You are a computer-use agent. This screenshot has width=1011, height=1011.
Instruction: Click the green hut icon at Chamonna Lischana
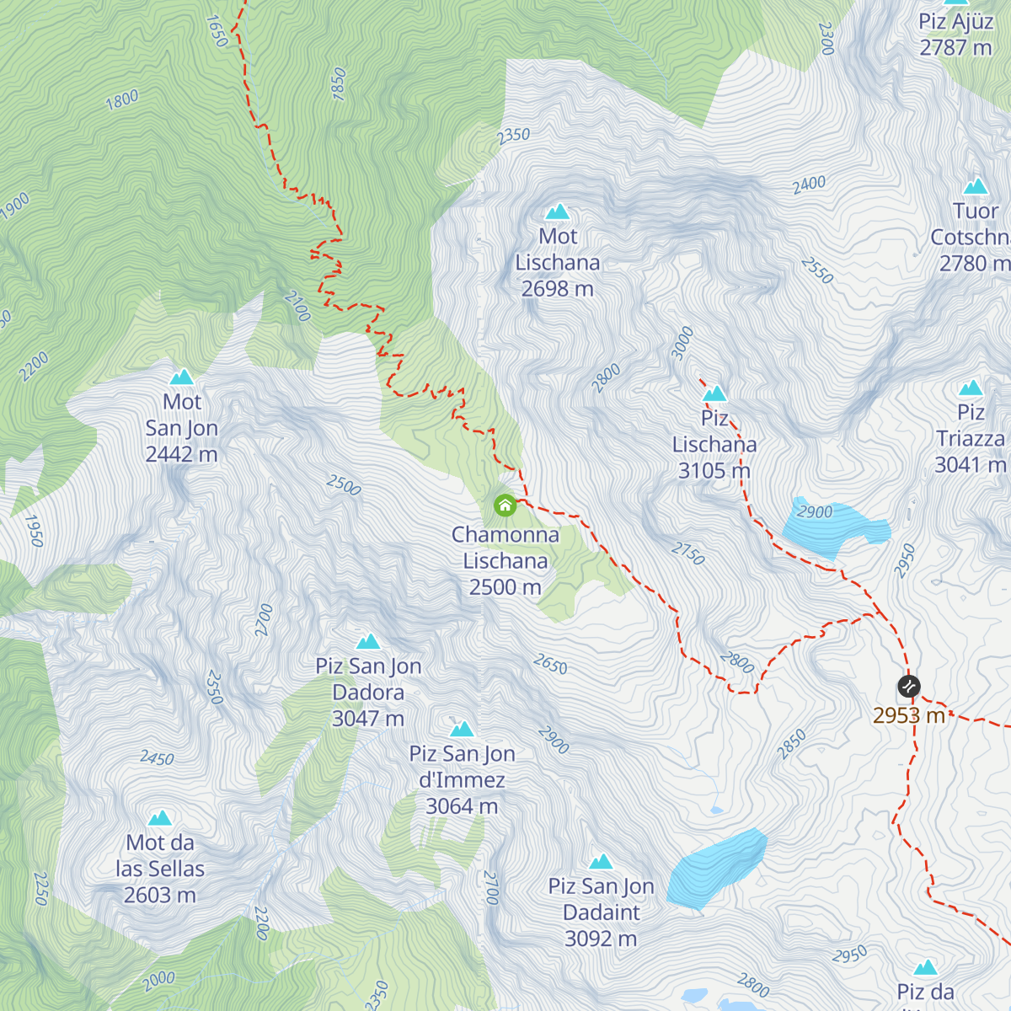coord(505,505)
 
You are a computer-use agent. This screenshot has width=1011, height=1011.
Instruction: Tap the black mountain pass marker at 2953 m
coord(908,686)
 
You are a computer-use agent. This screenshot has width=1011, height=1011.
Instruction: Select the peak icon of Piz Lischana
coord(714,393)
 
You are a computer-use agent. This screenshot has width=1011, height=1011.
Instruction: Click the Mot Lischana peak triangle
coord(557,211)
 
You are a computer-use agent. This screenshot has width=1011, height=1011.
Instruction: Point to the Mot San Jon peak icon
coord(182,377)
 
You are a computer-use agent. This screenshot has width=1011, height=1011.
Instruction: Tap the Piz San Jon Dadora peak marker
coord(368,642)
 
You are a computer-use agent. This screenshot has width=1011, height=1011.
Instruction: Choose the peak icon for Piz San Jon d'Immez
coord(462,729)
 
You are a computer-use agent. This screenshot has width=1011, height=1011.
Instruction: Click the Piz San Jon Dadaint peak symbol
coord(601,862)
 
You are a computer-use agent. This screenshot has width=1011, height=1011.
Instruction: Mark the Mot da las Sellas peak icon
coord(160,818)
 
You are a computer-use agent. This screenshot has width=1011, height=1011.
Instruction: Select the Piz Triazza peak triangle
coord(971,388)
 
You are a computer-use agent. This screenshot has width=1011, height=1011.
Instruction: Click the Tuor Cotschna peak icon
coord(976,186)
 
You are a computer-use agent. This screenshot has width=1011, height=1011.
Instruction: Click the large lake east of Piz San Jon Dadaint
coord(716,868)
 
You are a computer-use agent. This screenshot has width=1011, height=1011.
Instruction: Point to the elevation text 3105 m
coord(714,471)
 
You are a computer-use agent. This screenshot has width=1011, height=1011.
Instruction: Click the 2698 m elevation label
coord(557,289)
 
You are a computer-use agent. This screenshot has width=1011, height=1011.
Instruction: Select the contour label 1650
coord(217,31)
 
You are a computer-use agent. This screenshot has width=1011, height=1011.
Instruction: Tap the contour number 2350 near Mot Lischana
coord(513,135)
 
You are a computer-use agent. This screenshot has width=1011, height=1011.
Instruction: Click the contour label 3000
coord(682,343)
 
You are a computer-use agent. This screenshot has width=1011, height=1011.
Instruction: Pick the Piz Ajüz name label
coord(955,21)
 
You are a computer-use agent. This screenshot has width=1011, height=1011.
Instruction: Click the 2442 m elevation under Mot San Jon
coord(181,455)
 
